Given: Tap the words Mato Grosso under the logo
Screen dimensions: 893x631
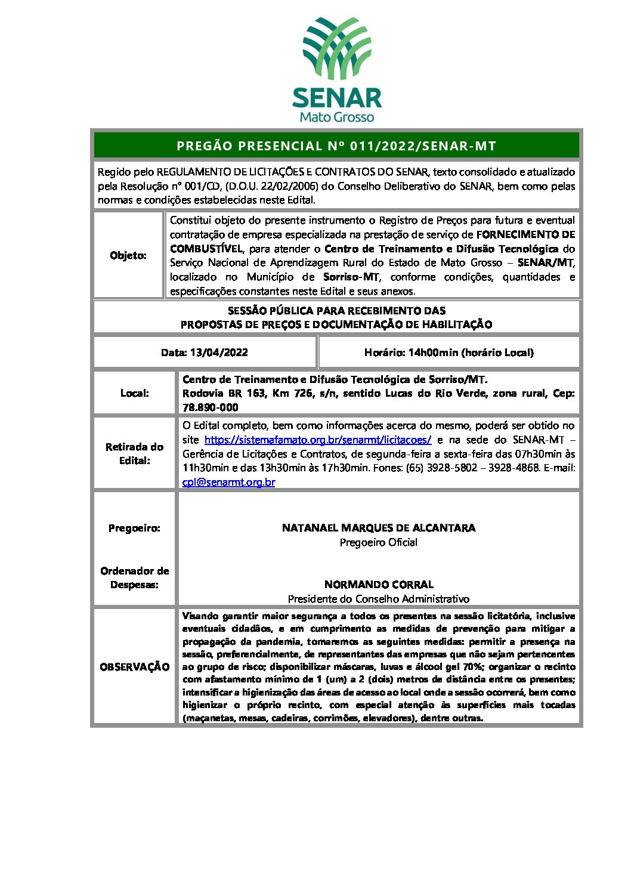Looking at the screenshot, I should coord(336,117).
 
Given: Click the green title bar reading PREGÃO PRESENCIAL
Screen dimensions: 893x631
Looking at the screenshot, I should coord(336,146).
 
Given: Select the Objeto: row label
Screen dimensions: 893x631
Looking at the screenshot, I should coord(128,255).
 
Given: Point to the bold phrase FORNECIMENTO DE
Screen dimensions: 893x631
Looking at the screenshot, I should coord(525,234).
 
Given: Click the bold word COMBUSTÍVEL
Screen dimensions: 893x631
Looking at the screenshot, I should coord(206,249).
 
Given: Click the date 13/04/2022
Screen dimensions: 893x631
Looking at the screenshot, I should coord(219,353).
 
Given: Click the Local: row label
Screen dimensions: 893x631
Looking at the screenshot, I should coord(135,393).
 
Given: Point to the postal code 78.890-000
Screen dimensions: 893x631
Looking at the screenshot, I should coord(210,407).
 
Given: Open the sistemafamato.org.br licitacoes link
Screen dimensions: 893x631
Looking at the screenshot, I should coord(318,440).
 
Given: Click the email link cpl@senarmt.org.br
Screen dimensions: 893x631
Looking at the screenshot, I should coord(229,482).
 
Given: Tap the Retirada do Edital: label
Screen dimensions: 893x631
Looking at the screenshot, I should coord(135,453).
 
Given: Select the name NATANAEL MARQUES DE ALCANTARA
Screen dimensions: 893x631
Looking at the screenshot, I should coord(379,528).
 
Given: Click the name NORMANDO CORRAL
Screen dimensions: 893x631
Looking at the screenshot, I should coord(379,585).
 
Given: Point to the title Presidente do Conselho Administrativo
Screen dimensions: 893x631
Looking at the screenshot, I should coord(379,599).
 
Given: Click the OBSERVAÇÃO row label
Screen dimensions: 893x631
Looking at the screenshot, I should coord(135,667).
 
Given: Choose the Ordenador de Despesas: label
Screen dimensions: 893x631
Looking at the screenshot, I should coord(135,577).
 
